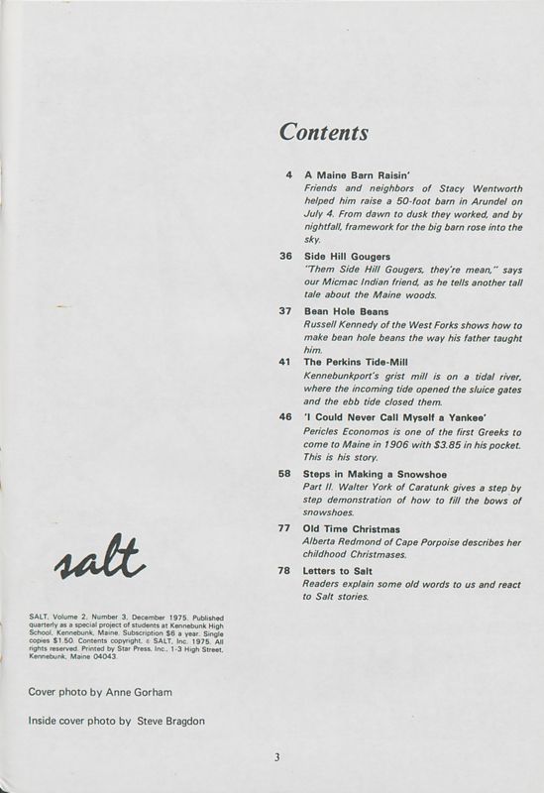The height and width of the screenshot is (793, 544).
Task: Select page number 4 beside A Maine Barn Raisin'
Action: pos(287,175)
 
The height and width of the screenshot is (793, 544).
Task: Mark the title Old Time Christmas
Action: pos(351,528)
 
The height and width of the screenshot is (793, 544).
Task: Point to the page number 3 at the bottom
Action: pos(278,758)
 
